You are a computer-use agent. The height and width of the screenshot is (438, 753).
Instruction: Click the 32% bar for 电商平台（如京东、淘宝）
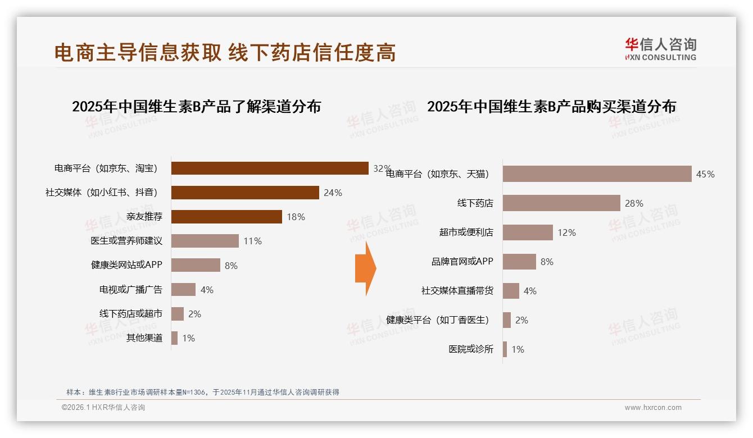(x=270, y=168)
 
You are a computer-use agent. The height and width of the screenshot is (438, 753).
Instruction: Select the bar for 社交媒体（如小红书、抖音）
(x=245, y=193)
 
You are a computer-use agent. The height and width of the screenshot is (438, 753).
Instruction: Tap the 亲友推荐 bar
(x=226, y=217)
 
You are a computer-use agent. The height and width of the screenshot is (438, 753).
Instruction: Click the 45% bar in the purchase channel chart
(x=597, y=174)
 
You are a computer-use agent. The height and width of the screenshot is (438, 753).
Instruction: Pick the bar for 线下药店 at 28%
(x=561, y=203)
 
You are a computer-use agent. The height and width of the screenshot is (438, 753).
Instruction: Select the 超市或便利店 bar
(x=528, y=232)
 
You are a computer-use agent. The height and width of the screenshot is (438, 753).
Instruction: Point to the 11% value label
(x=252, y=241)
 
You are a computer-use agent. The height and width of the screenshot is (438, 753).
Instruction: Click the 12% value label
(x=566, y=232)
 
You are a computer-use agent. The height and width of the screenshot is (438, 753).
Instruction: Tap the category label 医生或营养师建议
(x=126, y=241)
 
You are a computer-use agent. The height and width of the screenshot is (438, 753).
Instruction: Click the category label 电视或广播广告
(x=131, y=290)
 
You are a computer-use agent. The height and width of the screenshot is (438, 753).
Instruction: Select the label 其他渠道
(x=144, y=338)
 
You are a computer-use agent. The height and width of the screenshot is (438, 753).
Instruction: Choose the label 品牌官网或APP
(x=462, y=262)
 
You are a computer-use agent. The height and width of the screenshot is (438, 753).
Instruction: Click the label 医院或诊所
(x=471, y=349)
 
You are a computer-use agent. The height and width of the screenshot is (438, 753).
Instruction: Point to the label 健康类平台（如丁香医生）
(x=438, y=320)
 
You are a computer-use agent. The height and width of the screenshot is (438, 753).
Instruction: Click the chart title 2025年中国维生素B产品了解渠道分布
(x=196, y=106)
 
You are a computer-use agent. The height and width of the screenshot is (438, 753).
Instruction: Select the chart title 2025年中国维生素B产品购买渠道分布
(x=551, y=106)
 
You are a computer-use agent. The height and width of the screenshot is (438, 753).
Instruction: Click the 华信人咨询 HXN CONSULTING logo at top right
(x=660, y=49)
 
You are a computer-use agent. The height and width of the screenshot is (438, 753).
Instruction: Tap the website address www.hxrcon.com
(x=653, y=408)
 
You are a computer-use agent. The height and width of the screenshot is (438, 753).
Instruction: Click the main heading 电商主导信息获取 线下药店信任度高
(x=225, y=52)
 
